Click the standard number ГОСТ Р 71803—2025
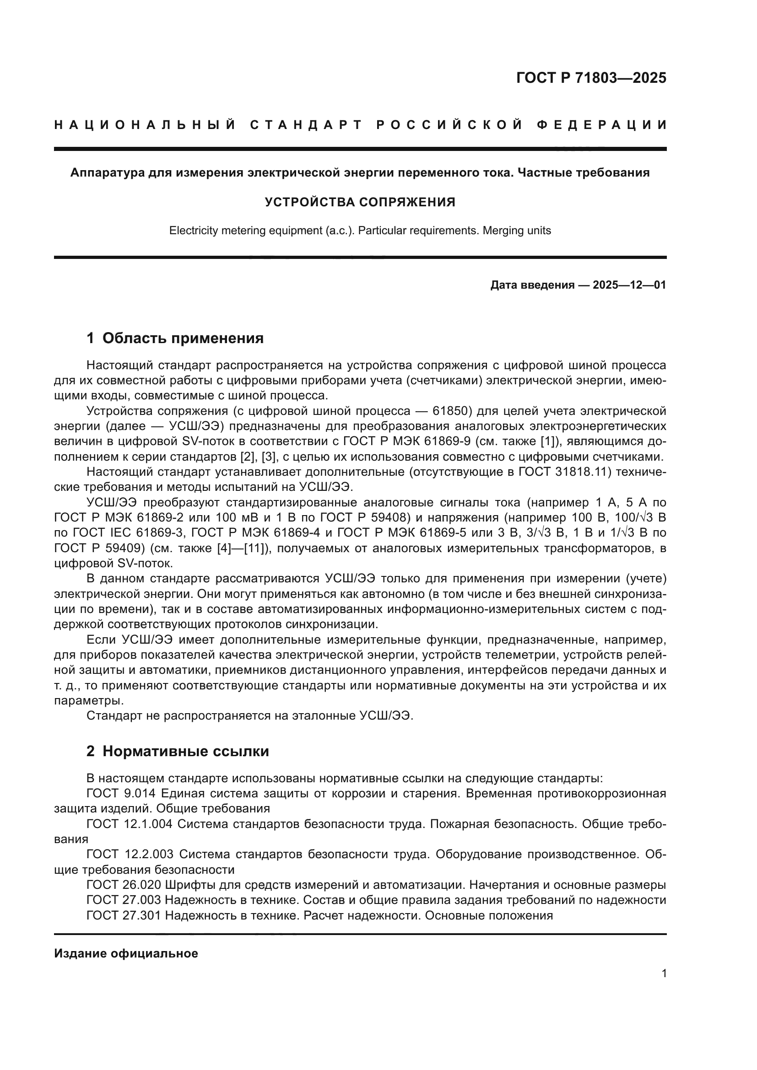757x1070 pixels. (x=591, y=78)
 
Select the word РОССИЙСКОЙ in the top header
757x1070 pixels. (x=449, y=125)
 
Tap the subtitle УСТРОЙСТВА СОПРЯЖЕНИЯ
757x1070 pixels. (x=360, y=202)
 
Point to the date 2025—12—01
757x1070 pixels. (x=629, y=285)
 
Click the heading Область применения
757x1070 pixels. (x=183, y=338)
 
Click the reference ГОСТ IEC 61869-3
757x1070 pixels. (x=129, y=533)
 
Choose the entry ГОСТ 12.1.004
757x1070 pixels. (x=129, y=824)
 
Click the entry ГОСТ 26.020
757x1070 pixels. (x=124, y=885)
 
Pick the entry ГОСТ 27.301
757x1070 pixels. (x=124, y=916)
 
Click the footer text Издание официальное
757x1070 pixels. (x=126, y=954)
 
